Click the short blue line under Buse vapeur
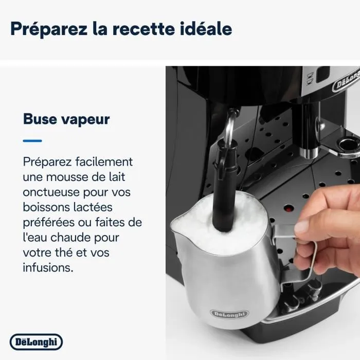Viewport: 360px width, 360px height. (32, 140)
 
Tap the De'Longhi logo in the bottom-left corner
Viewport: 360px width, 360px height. (36, 341)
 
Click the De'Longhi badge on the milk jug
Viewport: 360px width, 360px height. (228, 314)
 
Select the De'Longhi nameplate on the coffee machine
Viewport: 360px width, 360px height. (346, 82)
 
